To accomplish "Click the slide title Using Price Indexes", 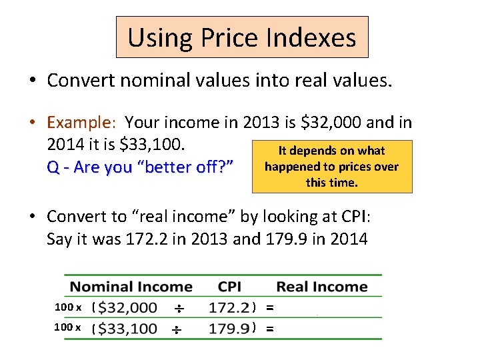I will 241,37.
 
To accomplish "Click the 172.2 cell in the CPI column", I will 229,308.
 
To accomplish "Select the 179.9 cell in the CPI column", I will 229,328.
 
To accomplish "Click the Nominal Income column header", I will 131,287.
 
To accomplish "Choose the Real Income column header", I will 322,287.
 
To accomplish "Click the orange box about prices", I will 331,167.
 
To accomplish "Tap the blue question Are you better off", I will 140,167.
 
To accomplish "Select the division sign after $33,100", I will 177,329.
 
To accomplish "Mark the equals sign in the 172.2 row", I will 269,308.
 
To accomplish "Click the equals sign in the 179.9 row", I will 269,328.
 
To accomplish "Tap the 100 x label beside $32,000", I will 68,307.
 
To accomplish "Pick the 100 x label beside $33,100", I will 68,327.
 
